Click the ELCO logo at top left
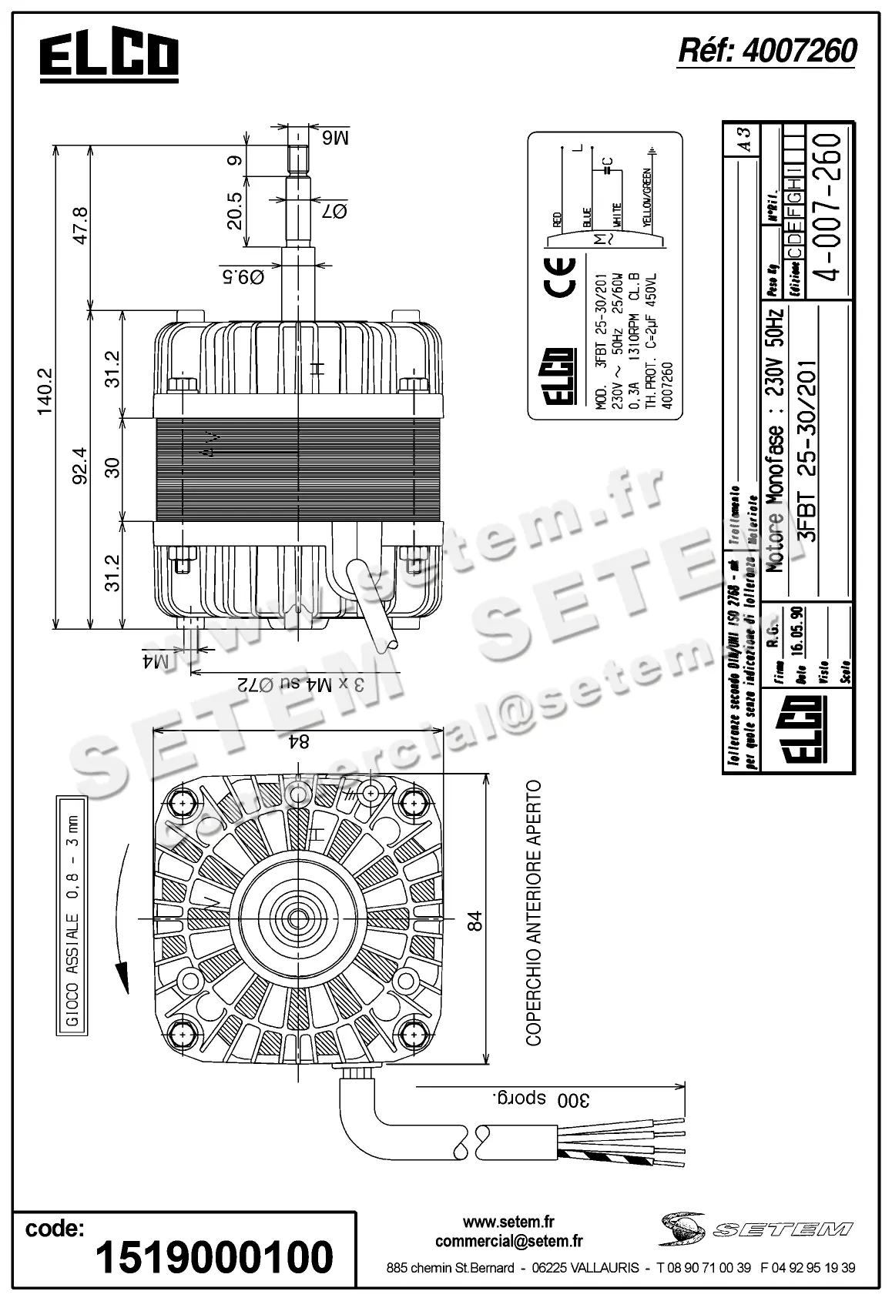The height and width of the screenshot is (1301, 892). (x=109, y=56)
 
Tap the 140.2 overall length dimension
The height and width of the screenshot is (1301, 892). (x=44, y=387)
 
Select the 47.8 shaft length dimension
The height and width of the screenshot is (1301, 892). (x=79, y=225)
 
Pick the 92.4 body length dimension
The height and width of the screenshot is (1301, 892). (x=79, y=467)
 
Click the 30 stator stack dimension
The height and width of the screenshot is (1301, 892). (x=113, y=467)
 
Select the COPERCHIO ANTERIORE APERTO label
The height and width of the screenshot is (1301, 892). (x=533, y=913)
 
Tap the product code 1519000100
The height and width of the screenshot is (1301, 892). (x=215, y=1257)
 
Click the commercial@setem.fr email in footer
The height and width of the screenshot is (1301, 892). (x=508, y=1241)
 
